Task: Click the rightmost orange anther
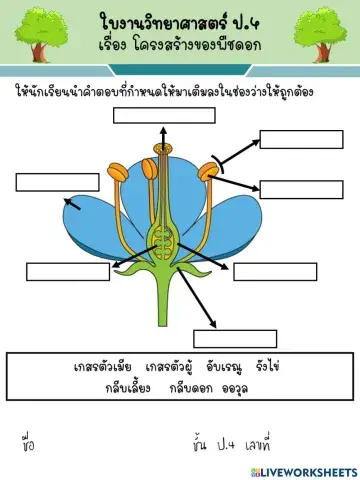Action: tap(210, 171)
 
